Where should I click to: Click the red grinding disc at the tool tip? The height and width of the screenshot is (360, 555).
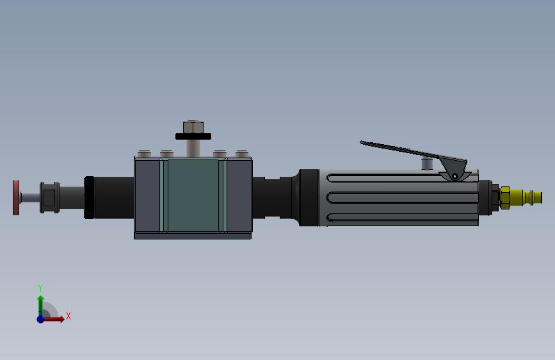click(x=16, y=197)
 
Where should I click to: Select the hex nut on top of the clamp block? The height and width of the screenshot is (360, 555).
click(x=193, y=127)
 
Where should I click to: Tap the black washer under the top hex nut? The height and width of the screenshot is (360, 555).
click(x=193, y=136)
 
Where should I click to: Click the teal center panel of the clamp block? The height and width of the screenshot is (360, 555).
click(x=193, y=195)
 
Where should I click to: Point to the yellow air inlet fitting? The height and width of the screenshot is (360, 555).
click(x=520, y=198)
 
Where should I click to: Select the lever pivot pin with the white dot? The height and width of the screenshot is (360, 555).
click(x=455, y=176)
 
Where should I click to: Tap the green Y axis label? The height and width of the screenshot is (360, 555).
click(x=40, y=288)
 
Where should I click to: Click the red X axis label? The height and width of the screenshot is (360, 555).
click(x=68, y=316)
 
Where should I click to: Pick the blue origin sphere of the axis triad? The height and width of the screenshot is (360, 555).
click(x=41, y=319)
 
